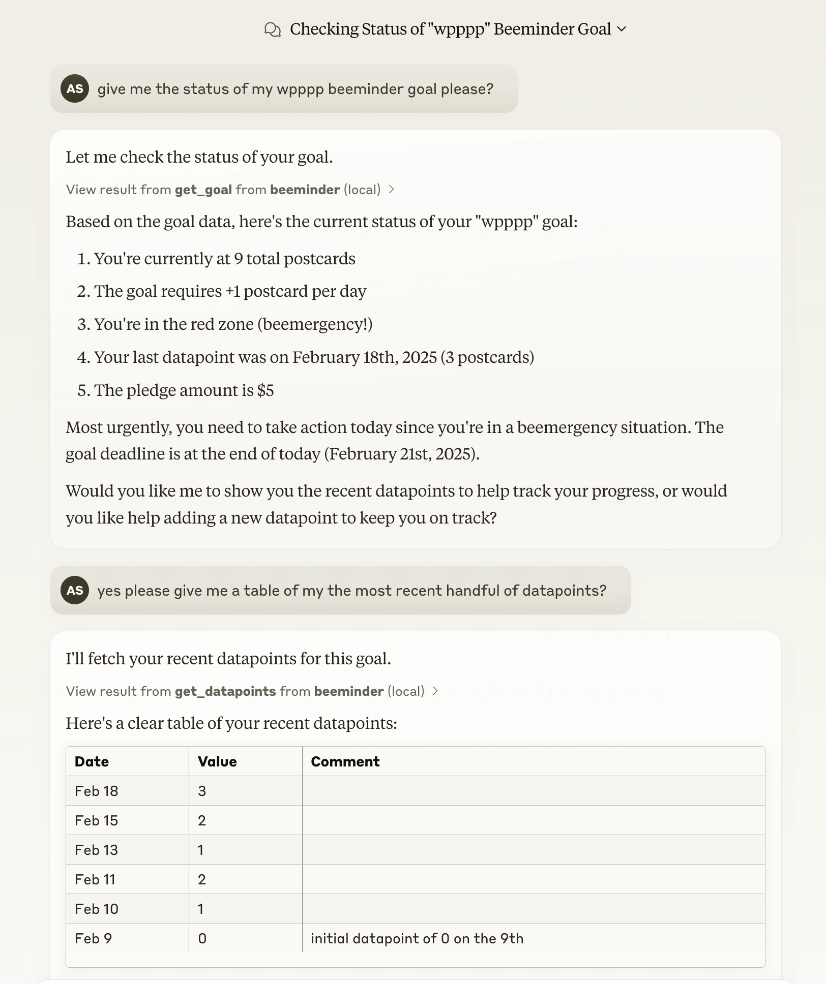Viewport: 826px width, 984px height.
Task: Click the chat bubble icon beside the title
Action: point(273,29)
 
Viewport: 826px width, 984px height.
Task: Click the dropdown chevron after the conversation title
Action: point(621,29)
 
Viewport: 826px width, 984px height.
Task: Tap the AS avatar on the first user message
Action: point(75,88)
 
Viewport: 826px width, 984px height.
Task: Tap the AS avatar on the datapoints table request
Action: point(75,590)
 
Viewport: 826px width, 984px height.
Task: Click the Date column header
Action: point(92,761)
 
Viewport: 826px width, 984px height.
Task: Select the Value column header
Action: point(217,761)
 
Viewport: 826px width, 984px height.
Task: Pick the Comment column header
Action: point(345,761)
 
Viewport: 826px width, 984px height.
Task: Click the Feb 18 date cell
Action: point(96,791)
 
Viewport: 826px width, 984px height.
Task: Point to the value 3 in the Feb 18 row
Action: point(202,791)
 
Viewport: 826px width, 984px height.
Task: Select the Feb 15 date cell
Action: point(96,820)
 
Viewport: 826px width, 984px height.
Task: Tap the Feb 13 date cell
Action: point(96,850)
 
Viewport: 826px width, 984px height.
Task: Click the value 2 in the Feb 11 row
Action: point(202,879)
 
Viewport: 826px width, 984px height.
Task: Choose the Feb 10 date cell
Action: point(96,909)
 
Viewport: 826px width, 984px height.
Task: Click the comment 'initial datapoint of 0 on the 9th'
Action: point(417,938)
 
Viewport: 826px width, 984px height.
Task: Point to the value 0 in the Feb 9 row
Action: point(202,938)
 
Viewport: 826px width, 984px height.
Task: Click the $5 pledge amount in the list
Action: point(265,390)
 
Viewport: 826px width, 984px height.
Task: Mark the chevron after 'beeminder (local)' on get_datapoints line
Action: point(435,691)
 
